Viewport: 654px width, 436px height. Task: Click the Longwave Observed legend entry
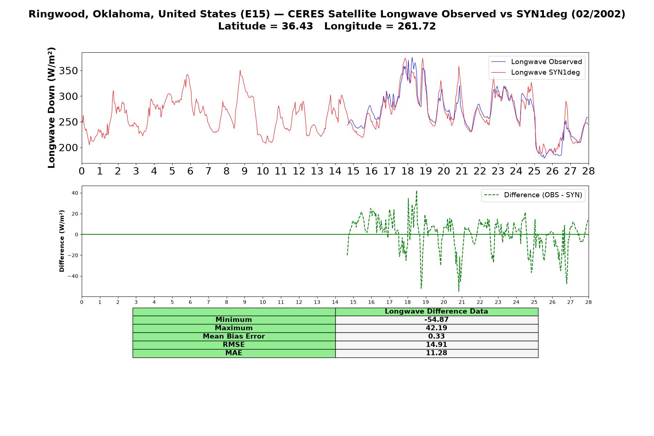[x=537, y=62]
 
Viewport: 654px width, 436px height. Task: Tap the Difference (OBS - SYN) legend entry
[x=533, y=195]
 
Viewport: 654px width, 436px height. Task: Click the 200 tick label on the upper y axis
[x=68, y=148]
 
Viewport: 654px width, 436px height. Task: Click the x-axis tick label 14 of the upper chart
[x=335, y=171]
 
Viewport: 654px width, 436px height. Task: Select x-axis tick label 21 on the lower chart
[x=461, y=302]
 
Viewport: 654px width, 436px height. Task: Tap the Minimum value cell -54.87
[x=436, y=320]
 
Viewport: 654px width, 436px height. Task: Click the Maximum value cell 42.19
[x=436, y=328]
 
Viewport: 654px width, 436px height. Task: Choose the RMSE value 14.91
[x=436, y=345]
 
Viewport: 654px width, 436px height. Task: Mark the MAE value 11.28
[x=436, y=353]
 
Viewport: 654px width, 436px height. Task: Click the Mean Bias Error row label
[x=234, y=336]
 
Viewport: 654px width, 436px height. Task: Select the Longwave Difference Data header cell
[x=436, y=311]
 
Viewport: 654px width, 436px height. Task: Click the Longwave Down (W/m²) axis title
[x=52, y=108]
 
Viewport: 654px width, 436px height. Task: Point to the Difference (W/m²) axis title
[x=62, y=241]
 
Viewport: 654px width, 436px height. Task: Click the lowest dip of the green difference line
[x=459, y=291]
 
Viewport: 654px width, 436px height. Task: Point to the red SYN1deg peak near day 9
[x=240, y=70]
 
